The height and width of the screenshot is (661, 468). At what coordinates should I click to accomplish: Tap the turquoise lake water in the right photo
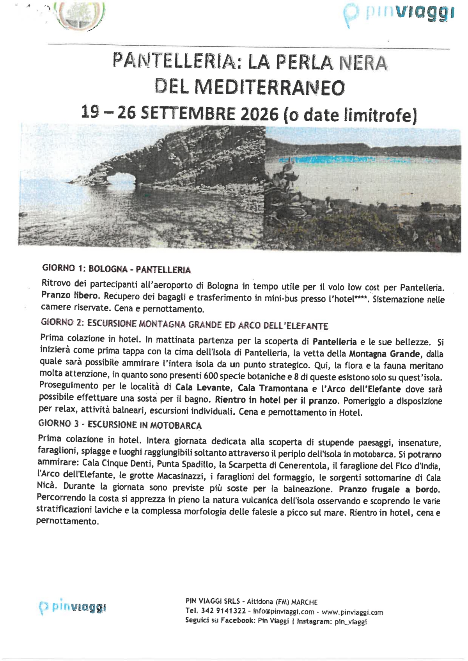coord(335,159)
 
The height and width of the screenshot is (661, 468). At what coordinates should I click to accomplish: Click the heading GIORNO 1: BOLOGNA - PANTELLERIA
coord(117,269)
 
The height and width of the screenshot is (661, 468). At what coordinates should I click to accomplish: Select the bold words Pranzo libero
coord(69,295)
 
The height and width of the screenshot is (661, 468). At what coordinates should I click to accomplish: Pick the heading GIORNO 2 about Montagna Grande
coord(184,324)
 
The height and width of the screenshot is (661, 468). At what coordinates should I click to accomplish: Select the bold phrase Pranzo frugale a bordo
coord(389,489)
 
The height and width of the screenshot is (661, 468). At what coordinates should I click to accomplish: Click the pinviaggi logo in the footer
coord(73,607)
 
